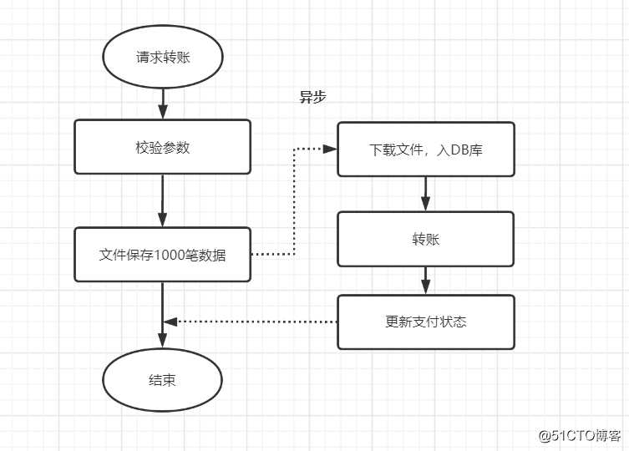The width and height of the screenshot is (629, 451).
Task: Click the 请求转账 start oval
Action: pos(162,58)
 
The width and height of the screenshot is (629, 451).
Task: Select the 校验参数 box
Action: pos(162,147)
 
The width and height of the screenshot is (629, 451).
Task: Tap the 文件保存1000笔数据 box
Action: pos(162,255)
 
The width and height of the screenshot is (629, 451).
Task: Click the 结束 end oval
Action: pos(162,380)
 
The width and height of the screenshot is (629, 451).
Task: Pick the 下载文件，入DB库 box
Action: pos(425,149)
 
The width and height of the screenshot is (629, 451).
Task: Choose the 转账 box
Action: pos(425,239)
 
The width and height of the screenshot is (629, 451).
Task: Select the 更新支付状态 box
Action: pos(425,322)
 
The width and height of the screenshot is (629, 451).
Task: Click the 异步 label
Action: pos(312,96)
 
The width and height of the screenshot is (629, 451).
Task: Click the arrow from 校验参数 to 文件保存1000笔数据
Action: pos(162,200)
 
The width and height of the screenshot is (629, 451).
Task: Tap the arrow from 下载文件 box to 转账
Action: pos(425,194)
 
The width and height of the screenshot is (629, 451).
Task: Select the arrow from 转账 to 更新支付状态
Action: pos(425,281)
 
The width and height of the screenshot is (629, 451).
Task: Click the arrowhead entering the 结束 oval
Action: pos(162,342)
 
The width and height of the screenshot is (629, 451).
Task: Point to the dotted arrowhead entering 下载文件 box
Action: pos(330,149)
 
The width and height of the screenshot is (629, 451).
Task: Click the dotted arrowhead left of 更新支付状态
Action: pos(170,322)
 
